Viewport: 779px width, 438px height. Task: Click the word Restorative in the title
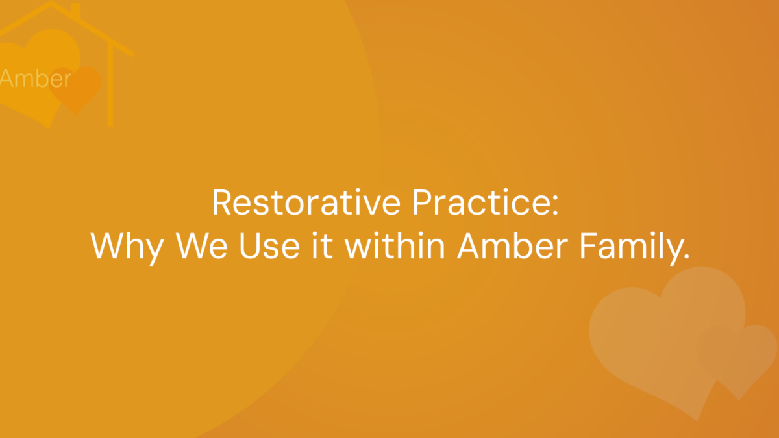[x=306, y=202]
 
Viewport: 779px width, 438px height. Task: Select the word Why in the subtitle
[x=127, y=247]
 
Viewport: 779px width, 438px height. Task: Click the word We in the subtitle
[x=201, y=246]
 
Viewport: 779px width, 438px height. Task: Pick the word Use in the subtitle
[x=269, y=246]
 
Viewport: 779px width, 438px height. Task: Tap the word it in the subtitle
[x=322, y=245]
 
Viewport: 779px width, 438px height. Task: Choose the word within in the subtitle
[x=395, y=245]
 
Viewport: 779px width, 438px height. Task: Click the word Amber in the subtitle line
[x=513, y=245]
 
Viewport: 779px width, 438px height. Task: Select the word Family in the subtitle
[x=630, y=247]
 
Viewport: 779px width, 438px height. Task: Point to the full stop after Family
[x=686, y=256]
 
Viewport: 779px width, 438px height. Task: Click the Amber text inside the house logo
[x=35, y=79]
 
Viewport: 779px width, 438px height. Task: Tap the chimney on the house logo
[x=75, y=10]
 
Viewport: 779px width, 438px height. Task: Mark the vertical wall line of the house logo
[x=110, y=84]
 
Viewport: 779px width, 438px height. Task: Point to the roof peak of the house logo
[x=51, y=3]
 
